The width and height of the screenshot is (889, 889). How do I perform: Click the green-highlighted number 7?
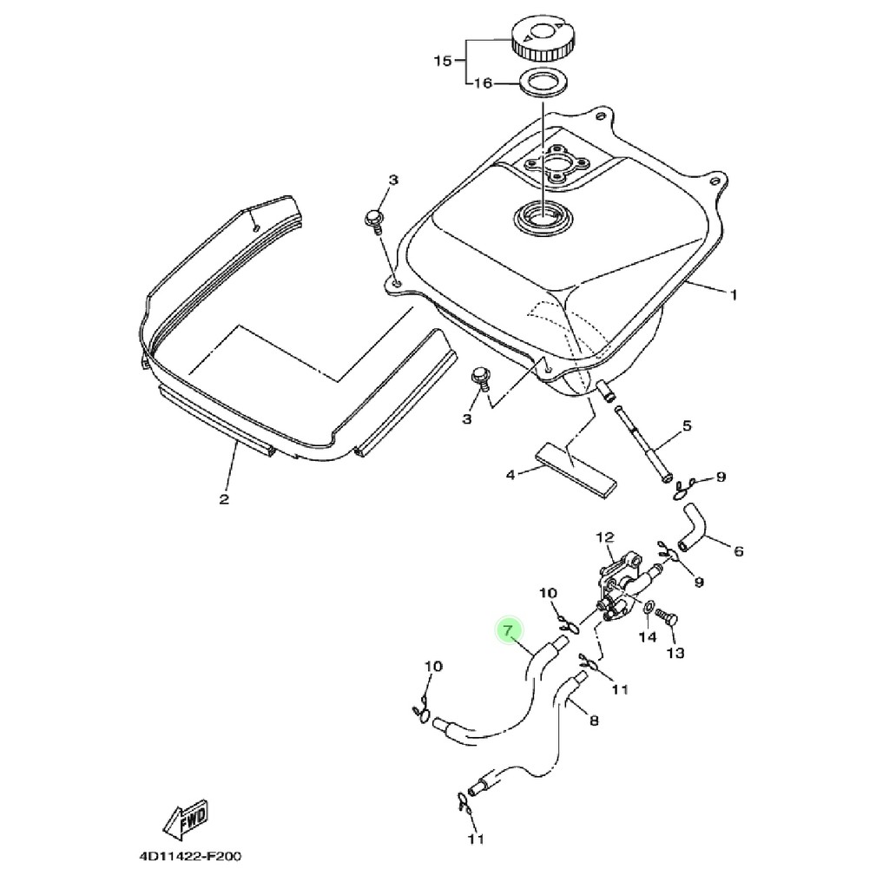508,630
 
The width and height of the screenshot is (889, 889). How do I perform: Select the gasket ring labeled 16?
541,82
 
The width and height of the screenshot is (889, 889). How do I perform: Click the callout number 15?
443,60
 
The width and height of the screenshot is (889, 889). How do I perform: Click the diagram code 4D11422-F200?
190,855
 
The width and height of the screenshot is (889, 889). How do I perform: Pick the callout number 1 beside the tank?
733,295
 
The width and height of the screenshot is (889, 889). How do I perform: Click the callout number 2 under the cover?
224,499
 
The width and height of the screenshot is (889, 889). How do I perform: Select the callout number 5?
687,425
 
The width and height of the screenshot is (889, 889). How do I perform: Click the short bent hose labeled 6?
693,526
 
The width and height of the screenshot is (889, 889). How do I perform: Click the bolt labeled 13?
667,617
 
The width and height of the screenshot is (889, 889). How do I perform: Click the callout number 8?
594,721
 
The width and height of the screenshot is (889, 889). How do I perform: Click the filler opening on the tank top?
543,216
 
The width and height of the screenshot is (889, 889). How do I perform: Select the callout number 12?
605,537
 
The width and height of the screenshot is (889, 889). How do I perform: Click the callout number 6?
738,550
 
